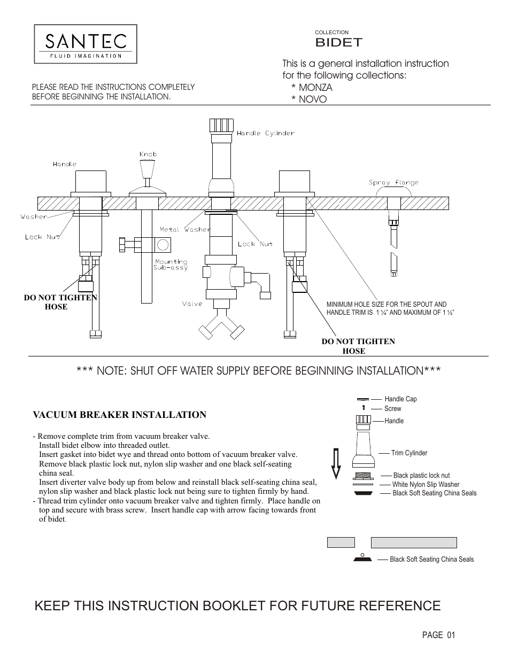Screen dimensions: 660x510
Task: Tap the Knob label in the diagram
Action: [x=148, y=154]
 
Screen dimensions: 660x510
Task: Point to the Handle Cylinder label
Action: [x=265, y=133]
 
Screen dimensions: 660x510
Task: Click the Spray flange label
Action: [x=393, y=183]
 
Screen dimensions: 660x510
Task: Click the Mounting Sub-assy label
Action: [x=171, y=265]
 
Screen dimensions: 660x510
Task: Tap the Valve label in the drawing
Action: [x=192, y=304]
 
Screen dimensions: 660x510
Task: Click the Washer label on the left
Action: [x=34, y=217]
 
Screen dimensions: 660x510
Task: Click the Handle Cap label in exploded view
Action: [x=400, y=399]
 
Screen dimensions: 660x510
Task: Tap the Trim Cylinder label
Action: [x=409, y=453]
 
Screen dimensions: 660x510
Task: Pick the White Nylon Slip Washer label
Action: [x=426, y=485]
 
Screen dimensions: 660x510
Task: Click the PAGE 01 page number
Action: [x=438, y=635]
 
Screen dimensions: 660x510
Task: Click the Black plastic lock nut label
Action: [x=421, y=476]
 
